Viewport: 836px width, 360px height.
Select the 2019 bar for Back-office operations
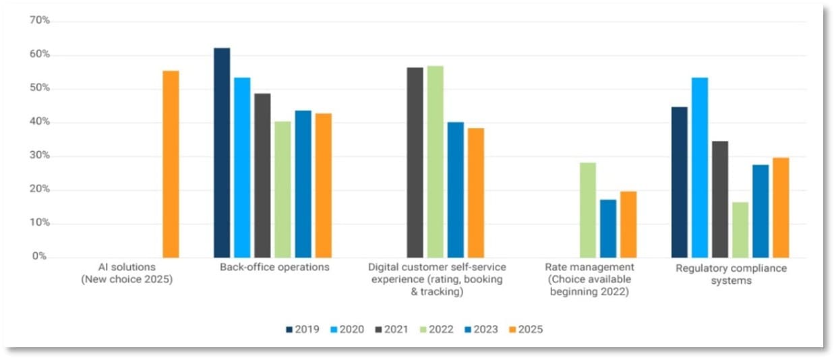[222, 152]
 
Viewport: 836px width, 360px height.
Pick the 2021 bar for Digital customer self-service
[415, 162]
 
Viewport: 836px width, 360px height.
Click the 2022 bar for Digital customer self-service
[436, 162]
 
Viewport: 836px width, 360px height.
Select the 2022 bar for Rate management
[588, 210]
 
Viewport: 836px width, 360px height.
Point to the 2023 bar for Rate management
[608, 229]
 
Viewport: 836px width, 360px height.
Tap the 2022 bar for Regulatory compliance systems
[740, 230]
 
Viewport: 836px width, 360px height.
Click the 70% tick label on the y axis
[40, 21]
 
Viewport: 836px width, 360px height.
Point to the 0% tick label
[40, 257]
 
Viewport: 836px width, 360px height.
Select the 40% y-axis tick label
[40, 122]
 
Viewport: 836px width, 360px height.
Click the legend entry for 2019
[303, 330]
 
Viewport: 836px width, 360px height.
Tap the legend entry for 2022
[436, 330]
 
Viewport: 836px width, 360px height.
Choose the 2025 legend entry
[525, 330]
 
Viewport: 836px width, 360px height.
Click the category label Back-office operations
[274, 267]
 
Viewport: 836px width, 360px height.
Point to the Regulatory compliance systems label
[731, 274]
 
